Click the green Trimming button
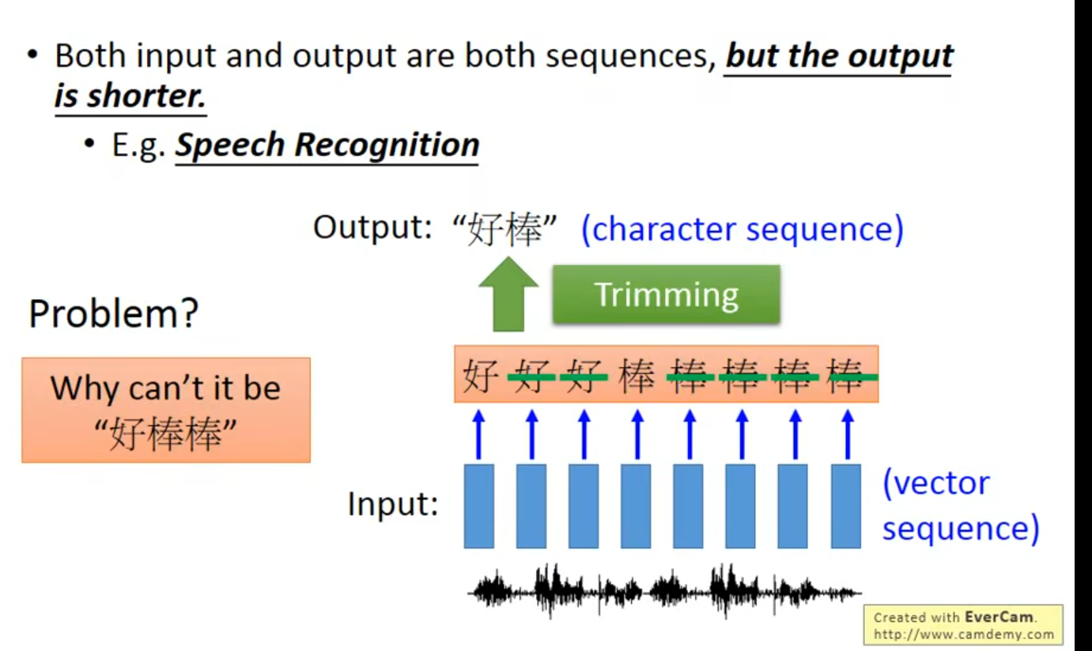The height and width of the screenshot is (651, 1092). click(x=666, y=294)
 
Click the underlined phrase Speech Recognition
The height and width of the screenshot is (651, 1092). click(x=327, y=145)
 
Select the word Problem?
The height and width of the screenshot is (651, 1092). click(x=113, y=314)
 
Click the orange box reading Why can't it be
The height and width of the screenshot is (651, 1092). click(x=165, y=409)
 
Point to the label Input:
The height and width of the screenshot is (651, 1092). click(x=393, y=505)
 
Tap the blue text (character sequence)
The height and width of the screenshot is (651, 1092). click(x=742, y=229)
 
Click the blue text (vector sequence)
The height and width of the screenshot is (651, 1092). click(x=960, y=505)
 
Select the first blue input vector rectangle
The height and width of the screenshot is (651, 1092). click(x=478, y=506)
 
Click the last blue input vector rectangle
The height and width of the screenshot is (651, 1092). click(x=845, y=506)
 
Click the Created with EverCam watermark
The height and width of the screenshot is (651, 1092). click(x=962, y=625)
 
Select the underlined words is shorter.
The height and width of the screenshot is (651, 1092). click(x=130, y=97)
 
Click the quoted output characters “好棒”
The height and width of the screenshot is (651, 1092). click(x=505, y=229)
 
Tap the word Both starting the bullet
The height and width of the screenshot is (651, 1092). click(x=85, y=57)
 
